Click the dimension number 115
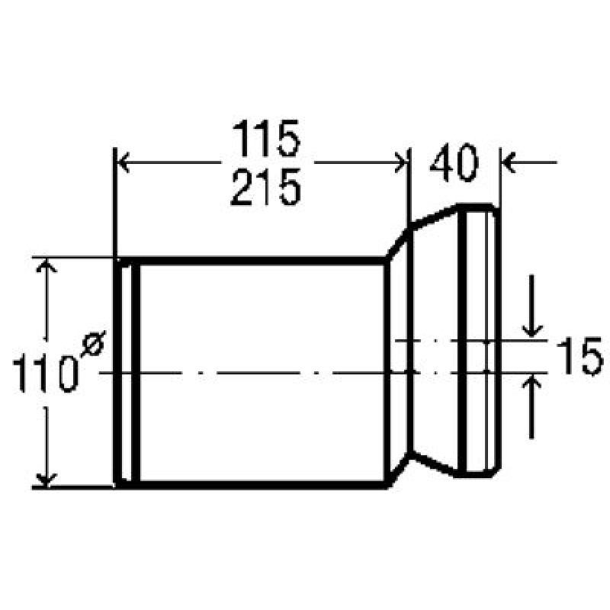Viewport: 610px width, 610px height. click(x=266, y=138)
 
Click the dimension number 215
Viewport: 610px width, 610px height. click(x=266, y=187)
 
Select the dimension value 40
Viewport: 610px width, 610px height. click(x=454, y=162)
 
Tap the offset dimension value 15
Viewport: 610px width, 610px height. click(x=580, y=356)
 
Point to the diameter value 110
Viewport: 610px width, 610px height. click(x=44, y=373)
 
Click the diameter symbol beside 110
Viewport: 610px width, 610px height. click(x=93, y=343)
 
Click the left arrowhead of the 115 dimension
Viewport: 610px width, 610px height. click(x=124, y=162)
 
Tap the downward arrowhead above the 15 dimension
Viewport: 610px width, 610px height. click(x=531, y=331)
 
